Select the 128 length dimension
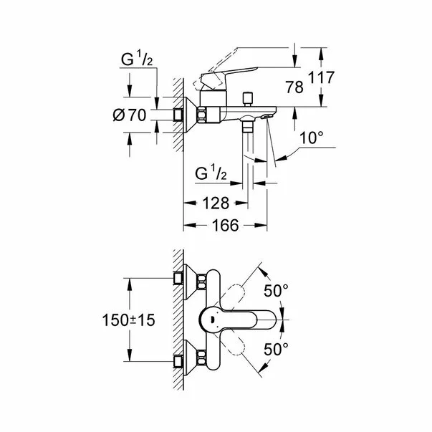point(215,203)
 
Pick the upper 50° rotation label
point(275,292)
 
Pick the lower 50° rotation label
point(275,349)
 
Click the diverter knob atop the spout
point(249,96)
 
